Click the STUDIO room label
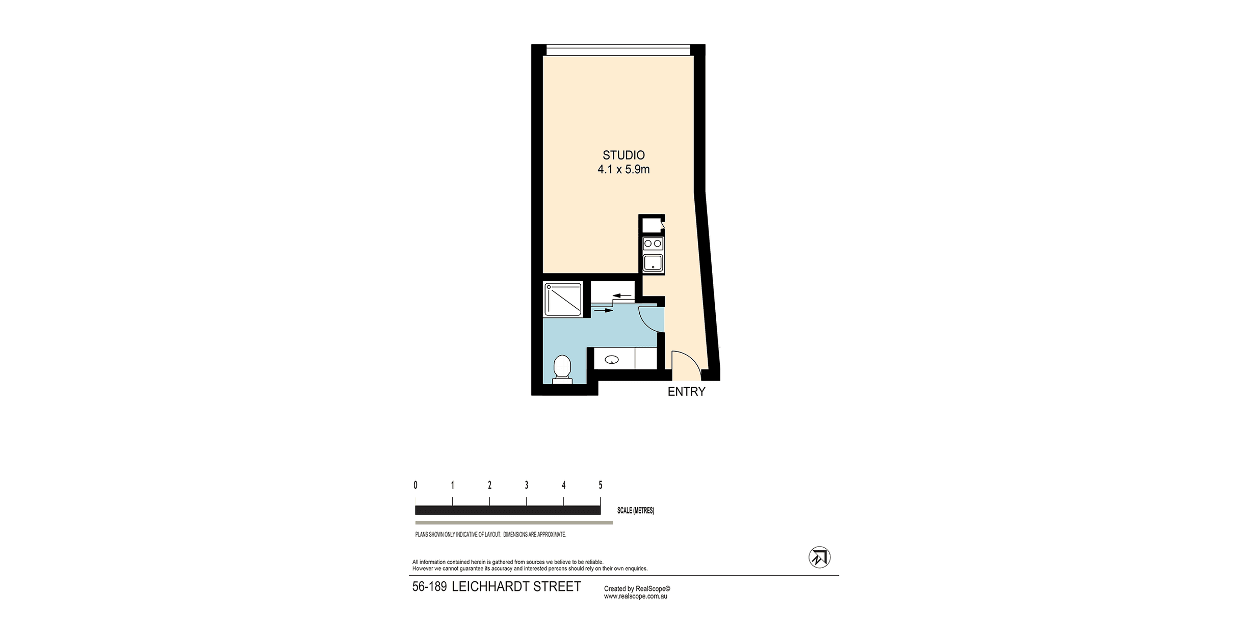tap(623, 155)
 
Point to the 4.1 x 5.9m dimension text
tap(623, 169)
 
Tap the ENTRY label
tap(686, 391)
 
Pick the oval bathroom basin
tap(611, 360)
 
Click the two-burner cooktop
tap(653, 244)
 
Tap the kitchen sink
tap(653, 263)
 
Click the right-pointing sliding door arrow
tap(604, 310)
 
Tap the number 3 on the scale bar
tap(526, 485)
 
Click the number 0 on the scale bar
tap(415, 485)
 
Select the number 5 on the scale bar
tap(600, 485)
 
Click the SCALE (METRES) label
tap(635, 510)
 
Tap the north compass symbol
tap(819, 557)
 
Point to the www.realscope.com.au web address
tap(635, 596)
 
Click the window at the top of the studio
tap(618, 50)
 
